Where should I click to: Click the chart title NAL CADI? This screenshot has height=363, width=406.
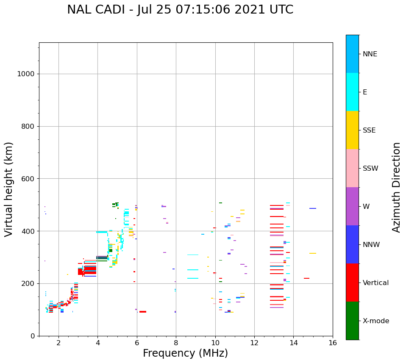(x=180, y=10)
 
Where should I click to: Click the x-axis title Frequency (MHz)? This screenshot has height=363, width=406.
(x=185, y=353)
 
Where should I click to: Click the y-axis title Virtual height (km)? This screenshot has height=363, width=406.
(x=9, y=189)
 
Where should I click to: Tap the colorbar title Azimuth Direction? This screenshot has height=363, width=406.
(x=396, y=187)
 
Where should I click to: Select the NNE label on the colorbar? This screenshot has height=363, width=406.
(x=370, y=54)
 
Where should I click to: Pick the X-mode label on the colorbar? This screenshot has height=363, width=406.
(x=375, y=321)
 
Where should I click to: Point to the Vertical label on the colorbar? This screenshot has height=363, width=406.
(x=375, y=283)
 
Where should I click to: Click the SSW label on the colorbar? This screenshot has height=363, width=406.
(x=370, y=169)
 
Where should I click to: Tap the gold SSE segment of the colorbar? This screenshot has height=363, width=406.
(x=352, y=130)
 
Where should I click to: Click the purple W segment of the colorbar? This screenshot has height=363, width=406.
(x=352, y=206)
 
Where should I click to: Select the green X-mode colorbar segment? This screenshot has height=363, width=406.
(x=352, y=321)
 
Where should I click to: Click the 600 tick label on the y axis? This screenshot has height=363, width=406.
(x=28, y=179)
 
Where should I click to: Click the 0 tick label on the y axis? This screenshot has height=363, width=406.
(x=32, y=336)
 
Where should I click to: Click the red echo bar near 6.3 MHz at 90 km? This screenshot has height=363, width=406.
(x=143, y=312)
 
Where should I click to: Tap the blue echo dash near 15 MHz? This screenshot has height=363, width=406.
(x=312, y=208)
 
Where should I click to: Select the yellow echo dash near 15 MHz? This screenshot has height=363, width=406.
(x=312, y=253)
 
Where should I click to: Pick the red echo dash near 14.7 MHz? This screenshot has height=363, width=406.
(x=306, y=278)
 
